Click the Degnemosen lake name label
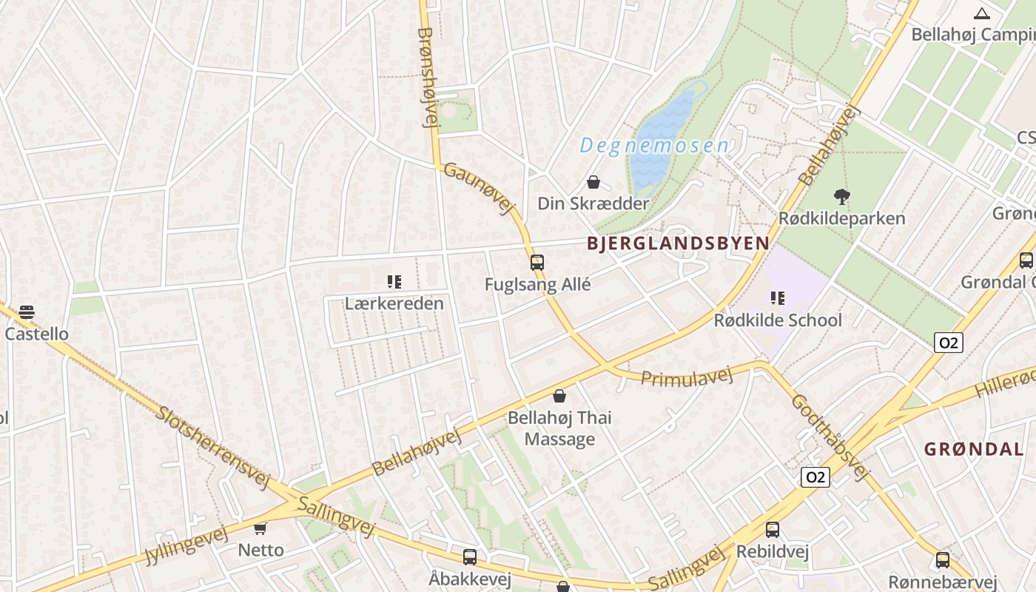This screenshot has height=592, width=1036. tap(654, 146)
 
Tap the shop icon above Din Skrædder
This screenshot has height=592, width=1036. tap(593, 182)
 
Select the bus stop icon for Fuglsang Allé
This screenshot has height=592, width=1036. tap(537, 263)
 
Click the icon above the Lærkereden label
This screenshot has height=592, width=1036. tap(394, 282)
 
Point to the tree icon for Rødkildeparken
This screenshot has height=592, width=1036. tap(841, 197)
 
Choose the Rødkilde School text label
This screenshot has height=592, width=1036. tap(777, 320)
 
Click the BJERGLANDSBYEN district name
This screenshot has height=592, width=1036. tap(678, 243)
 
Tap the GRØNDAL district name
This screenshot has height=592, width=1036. tap(974, 448)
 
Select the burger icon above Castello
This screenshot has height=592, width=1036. tap(27, 312)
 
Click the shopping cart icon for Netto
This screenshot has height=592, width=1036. tap(260, 528)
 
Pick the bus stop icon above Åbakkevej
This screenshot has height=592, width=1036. tap(470, 557)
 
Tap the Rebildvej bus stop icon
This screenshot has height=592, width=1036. tap(772, 530)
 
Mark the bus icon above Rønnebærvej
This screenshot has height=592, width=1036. tap(943, 560)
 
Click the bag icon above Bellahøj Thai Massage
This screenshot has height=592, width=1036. tap(559, 397)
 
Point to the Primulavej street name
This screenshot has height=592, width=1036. tap(686, 377)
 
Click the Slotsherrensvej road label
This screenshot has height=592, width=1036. tap(212, 446)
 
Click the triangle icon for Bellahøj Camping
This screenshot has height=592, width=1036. tap(982, 13)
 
